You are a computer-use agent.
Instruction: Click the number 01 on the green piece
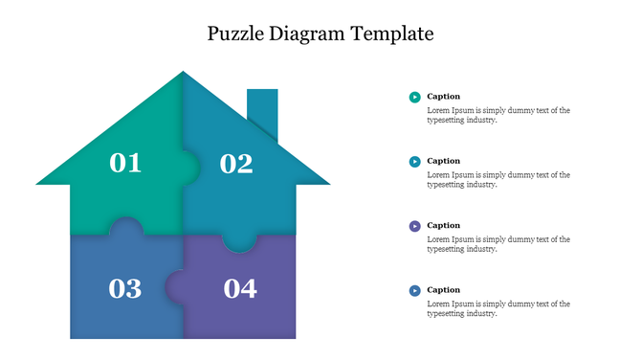[x=125, y=163]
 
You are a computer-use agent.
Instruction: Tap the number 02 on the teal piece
[x=236, y=164]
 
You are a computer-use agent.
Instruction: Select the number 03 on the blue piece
[x=125, y=288]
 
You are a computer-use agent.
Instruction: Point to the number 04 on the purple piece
[x=240, y=288]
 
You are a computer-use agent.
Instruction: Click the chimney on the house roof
[x=262, y=110]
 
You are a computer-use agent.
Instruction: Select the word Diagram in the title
[x=313, y=34]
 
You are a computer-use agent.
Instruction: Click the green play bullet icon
[x=414, y=97]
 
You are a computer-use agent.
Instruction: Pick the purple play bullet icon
[x=414, y=226]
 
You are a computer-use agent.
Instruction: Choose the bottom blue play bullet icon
[x=414, y=290]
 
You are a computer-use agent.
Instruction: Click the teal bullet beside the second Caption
[x=414, y=162]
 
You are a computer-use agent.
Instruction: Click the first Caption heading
[x=443, y=97]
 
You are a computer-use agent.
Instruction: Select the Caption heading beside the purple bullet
[x=443, y=226]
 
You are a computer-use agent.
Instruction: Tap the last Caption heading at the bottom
[x=443, y=290]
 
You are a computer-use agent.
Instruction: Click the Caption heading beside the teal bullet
[x=443, y=161]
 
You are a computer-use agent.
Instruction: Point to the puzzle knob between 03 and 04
[x=175, y=285]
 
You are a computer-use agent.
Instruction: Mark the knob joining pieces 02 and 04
[x=239, y=244]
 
